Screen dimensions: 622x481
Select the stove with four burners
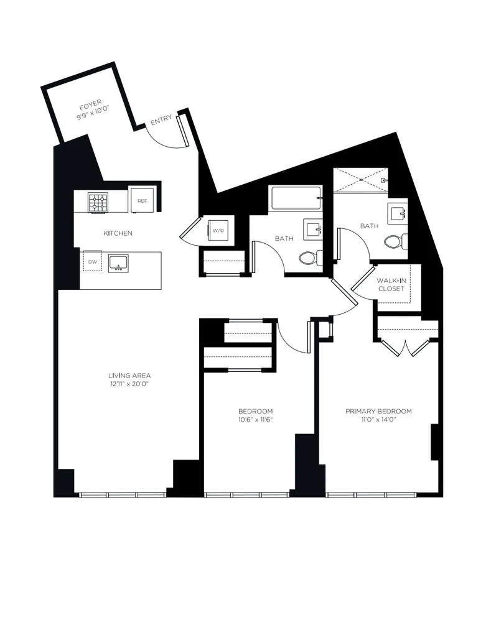tap(97, 202)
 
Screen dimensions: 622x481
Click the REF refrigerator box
tap(142, 201)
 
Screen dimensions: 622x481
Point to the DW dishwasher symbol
tap(92, 261)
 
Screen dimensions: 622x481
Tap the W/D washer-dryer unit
tap(218, 230)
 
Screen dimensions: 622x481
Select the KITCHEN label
tap(118, 233)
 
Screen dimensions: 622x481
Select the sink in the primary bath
tap(397, 213)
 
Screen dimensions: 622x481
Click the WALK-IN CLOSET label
tap(391, 284)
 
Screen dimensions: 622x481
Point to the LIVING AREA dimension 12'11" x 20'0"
tap(129, 384)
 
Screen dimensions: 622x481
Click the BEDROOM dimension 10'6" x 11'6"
tap(255, 420)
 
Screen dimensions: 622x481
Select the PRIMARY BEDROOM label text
tap(379, 411)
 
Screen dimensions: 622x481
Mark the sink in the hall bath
tap(312, 229)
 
